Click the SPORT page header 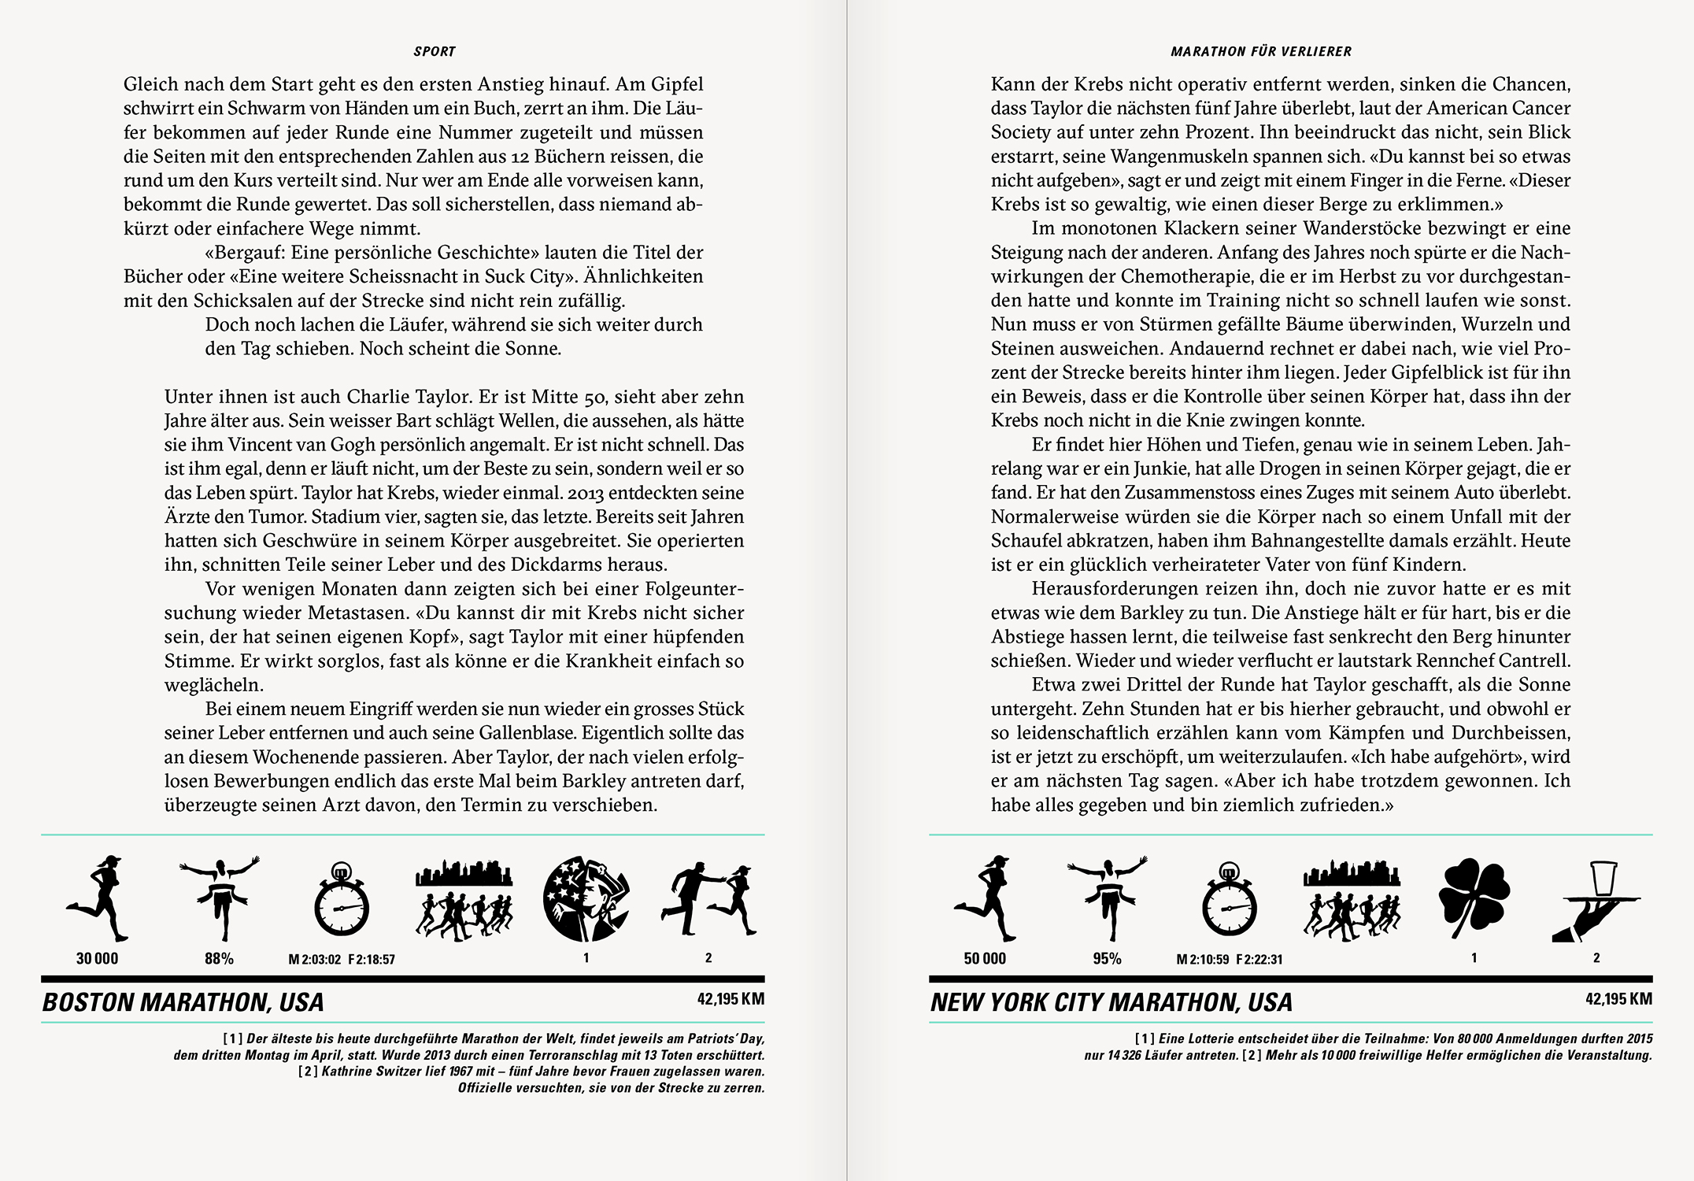click(435, 52)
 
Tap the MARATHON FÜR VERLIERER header click(1261, 52)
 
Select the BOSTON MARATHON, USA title click(183, 1002)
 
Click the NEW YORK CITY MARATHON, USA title click(1111, 1002)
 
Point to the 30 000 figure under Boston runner click(97, 959)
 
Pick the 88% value click(219, 959)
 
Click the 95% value click(1107, 959)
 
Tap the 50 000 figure click(985, 959)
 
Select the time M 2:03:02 click(314, 960)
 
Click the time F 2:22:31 click(1259, 960)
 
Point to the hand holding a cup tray click(1596, 901)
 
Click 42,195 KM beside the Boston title click(730, 999)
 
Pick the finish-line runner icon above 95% click(1107, 898)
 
